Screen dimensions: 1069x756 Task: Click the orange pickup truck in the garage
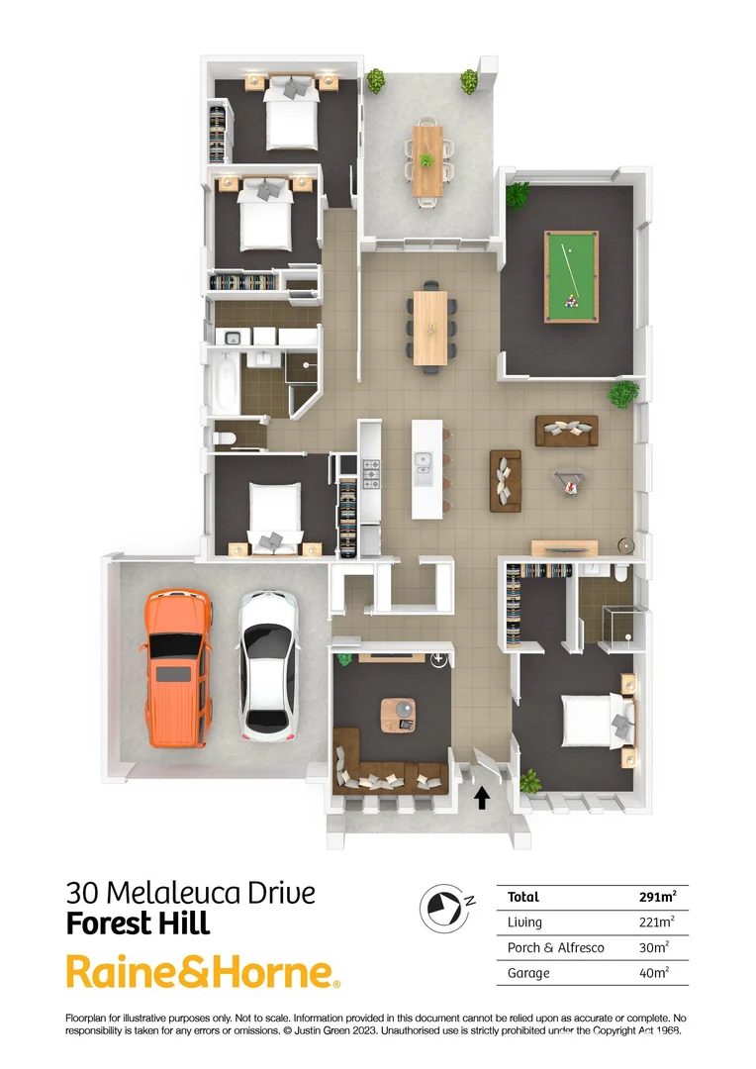point(178,668)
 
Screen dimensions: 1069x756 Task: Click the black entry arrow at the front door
point(482,797)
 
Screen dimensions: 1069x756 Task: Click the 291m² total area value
point(658,898)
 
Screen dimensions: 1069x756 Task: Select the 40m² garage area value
point(654,973)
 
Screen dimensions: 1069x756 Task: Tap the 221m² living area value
point(657,923)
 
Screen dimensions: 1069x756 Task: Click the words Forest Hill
point(139,923)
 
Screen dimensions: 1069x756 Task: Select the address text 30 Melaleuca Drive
point(191,893)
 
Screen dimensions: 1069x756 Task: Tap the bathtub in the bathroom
point(225,386)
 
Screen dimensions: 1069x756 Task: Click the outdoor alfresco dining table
point(428,157)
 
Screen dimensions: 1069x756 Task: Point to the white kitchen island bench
point(426,466)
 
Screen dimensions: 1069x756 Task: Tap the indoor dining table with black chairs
point(431,328)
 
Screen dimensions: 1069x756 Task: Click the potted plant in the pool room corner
point(518,194)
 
